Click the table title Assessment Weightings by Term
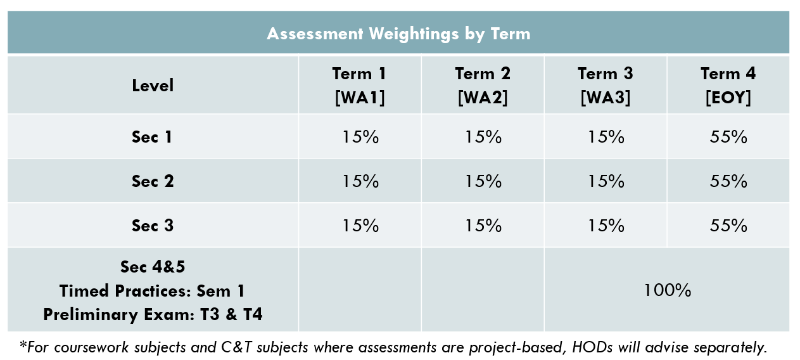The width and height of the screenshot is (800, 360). pyautogui.click(x=398, y=34)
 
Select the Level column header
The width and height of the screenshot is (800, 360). pyautogui.click(x=153, y=86)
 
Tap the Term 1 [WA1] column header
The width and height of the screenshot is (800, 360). pyautogui.click(x=360, y=86)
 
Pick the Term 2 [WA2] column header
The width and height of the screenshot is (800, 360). pyautogui.click(x=483, y=86)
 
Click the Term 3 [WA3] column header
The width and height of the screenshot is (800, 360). pyautogui.click(x=606, y=86)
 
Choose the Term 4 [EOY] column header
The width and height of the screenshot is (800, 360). pyautogui.click(x=728, y=86)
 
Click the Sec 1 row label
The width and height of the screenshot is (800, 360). pyautogui.click(x=153, y=137)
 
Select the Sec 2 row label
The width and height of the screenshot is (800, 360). pyautogui.click(x=153, y=181)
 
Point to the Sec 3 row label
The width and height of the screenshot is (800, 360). pyautogui.click(x=153, y=226)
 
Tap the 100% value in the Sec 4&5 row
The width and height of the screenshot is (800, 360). pyautogui.click(x=667, y=290)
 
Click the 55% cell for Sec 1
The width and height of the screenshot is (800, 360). pyautogui.click(x=728, y=137)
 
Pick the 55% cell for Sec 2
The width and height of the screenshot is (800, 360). pyautogui.click(x=728, y=181)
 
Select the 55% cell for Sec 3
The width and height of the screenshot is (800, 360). pyautogui.click(x=728, y=226)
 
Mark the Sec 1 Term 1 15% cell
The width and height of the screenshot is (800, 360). pyautogui.click(x=360, y=137)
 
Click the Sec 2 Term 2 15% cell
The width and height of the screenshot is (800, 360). pyautogui.click(x=483, y=181)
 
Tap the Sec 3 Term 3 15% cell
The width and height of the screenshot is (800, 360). pyautogui.click(x=606, y=226)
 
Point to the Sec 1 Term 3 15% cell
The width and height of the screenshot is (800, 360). pyautogui.click(x=606, y=137)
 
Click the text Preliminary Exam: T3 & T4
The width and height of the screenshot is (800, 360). pyautogui.click(x=153, y=314)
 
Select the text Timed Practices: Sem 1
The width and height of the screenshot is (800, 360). pyautogui.click(x=153, y=291)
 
